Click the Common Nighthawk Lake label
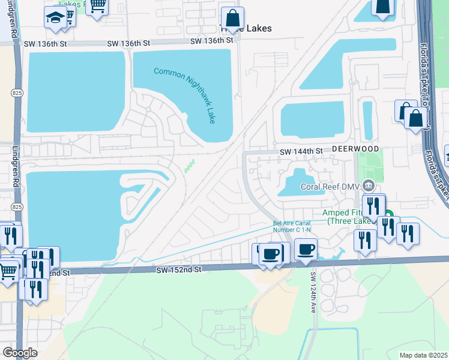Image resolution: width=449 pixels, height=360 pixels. (184, 95)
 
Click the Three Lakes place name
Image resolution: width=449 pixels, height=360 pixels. (247, 29)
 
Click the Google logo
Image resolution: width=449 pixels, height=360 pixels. (20, 353)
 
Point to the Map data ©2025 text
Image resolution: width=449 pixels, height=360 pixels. (423, 355)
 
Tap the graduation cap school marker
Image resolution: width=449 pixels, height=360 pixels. (55, 18)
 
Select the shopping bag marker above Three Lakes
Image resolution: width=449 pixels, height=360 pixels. (232, 17)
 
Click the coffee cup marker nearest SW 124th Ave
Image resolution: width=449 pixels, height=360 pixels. (306, 248)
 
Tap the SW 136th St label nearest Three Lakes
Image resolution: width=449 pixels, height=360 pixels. (211, 41)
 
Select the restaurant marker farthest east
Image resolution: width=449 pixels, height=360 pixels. (408, 233)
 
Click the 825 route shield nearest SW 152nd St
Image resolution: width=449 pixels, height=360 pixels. (17, 206)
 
